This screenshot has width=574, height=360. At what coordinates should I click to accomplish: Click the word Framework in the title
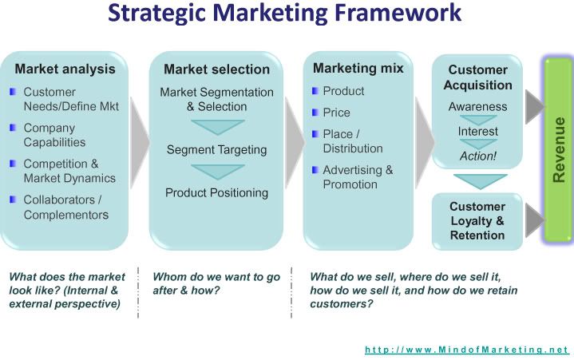(x=398, y=12)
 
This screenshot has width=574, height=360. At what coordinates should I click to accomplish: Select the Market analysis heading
(x=65, y=69)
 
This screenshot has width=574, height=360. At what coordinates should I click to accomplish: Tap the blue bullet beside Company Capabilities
(x=13, y=128)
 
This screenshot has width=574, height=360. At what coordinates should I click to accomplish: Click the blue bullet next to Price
(x=315, y=112)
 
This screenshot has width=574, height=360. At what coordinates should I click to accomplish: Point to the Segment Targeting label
(x=216, y=149)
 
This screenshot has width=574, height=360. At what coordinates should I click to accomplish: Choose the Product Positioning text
(x=216, y=192)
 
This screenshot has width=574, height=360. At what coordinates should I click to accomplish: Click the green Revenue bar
(x=557, y=149)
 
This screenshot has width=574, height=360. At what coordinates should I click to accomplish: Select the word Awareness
(x=477, y=106)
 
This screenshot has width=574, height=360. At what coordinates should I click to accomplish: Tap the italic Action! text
(x=477, y=156)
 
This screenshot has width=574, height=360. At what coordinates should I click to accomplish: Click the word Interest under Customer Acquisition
(x=477, y=132)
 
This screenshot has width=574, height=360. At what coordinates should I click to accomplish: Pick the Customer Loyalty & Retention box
(x=477, y=221)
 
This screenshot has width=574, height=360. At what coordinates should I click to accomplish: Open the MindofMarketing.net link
(x=466, y=350)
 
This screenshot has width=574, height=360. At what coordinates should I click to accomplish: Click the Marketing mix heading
(x=358, y=68)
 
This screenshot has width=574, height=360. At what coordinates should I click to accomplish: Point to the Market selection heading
(x=216, y=69)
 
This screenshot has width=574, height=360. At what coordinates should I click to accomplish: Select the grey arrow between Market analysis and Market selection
(x=139, y=143)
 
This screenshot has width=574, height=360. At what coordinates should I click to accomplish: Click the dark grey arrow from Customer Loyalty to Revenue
(x=534, y=220)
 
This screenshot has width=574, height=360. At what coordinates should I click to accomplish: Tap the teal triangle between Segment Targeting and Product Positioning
(x=218, y=172)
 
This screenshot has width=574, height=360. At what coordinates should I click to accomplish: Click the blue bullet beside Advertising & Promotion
(x=315, y=169)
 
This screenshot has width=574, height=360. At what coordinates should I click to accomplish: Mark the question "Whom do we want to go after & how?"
(x=216, y=283)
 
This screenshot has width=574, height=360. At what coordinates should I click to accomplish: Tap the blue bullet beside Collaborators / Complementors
(x=13, y=200)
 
